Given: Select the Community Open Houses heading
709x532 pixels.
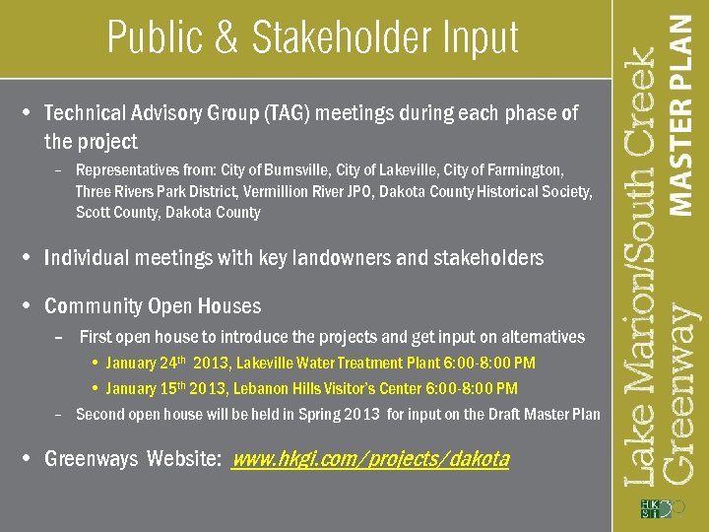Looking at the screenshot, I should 153,306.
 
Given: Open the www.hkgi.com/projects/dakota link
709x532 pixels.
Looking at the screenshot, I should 369,459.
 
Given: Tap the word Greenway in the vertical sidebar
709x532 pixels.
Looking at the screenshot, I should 678,394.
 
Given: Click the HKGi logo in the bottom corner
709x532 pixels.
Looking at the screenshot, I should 657,508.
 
